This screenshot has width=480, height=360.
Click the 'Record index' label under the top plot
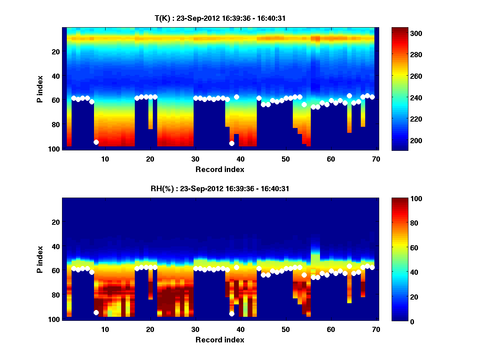[220, 169]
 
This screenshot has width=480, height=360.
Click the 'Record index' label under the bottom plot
[220, 340]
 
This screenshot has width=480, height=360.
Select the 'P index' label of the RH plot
[40, 260]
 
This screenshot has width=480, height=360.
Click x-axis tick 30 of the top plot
[195, 159]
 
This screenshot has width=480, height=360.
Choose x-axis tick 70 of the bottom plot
[376, 329]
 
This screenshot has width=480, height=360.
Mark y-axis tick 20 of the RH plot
[56, 222]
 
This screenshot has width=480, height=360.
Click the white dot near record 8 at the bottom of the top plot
[96, 142]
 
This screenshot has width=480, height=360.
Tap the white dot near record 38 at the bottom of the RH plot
[232, 314]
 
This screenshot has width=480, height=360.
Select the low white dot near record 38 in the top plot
[232, 143]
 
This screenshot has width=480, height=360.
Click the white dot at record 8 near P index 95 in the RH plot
[96, 312]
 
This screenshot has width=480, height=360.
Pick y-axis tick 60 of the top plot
[56, 100]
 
